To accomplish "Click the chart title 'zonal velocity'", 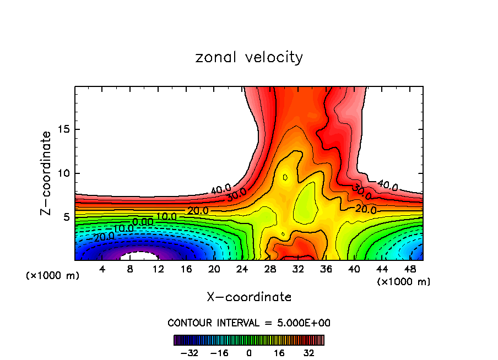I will point(249,57).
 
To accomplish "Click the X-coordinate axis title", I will point(249,297).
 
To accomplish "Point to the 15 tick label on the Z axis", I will point(62,130).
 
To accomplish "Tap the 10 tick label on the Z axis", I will point(62,173).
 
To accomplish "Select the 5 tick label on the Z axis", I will point(65,217).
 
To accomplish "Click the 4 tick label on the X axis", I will point(102,269).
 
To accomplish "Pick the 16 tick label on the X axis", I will point(186,269).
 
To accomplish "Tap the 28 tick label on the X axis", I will point(270,269).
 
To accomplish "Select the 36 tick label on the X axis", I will point(326,269).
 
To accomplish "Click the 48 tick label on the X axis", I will point(410,269).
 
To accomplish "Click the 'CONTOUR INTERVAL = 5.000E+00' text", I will point(249,323).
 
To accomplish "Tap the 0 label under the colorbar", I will point(249,352).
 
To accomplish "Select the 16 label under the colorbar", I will point(278,352).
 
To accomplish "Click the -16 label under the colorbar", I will point(220,352).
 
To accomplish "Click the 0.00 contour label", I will point(143,221).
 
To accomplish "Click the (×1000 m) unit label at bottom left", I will point(53,276).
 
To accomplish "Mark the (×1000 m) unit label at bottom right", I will point(404,282).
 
